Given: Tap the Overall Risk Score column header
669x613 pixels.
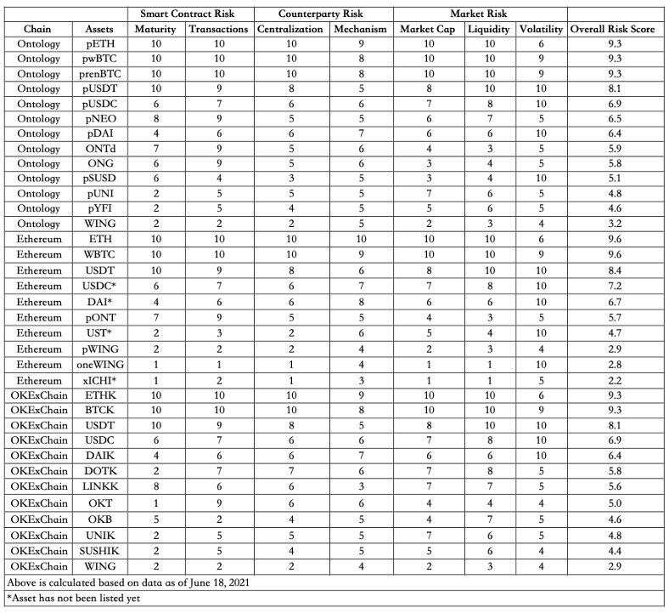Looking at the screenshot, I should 616,28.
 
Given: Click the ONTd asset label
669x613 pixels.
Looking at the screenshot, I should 100,145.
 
